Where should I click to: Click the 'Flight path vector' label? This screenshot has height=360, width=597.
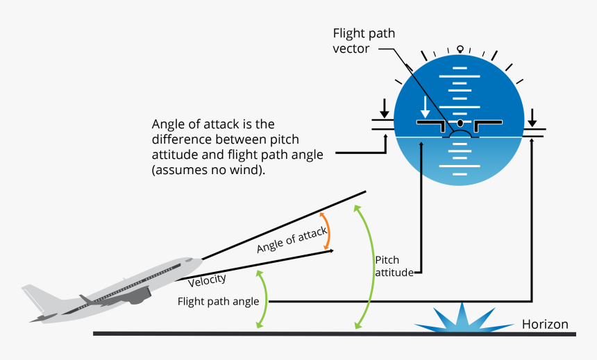click(x=364, y=41)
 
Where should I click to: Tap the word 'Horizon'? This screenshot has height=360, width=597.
click(x=545, y=324)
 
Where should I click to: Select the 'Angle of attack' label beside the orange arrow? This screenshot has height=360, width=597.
click(x=291, y=239)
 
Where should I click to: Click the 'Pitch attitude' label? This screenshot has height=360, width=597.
click(x=394, y=266)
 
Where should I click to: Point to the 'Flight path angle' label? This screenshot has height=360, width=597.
click(x=218, y=302)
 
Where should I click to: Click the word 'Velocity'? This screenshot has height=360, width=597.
click(x=207, y=279)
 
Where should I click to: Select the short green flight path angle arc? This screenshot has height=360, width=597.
click(x=262, y=300)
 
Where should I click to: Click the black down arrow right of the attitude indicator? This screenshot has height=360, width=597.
click(x=532, y=116)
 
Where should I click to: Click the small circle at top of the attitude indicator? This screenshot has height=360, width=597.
click(x=459, y=49)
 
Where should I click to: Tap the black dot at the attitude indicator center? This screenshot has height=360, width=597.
click(x=459, y=123)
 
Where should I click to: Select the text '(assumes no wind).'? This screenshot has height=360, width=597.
click(x=208, y=170)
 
